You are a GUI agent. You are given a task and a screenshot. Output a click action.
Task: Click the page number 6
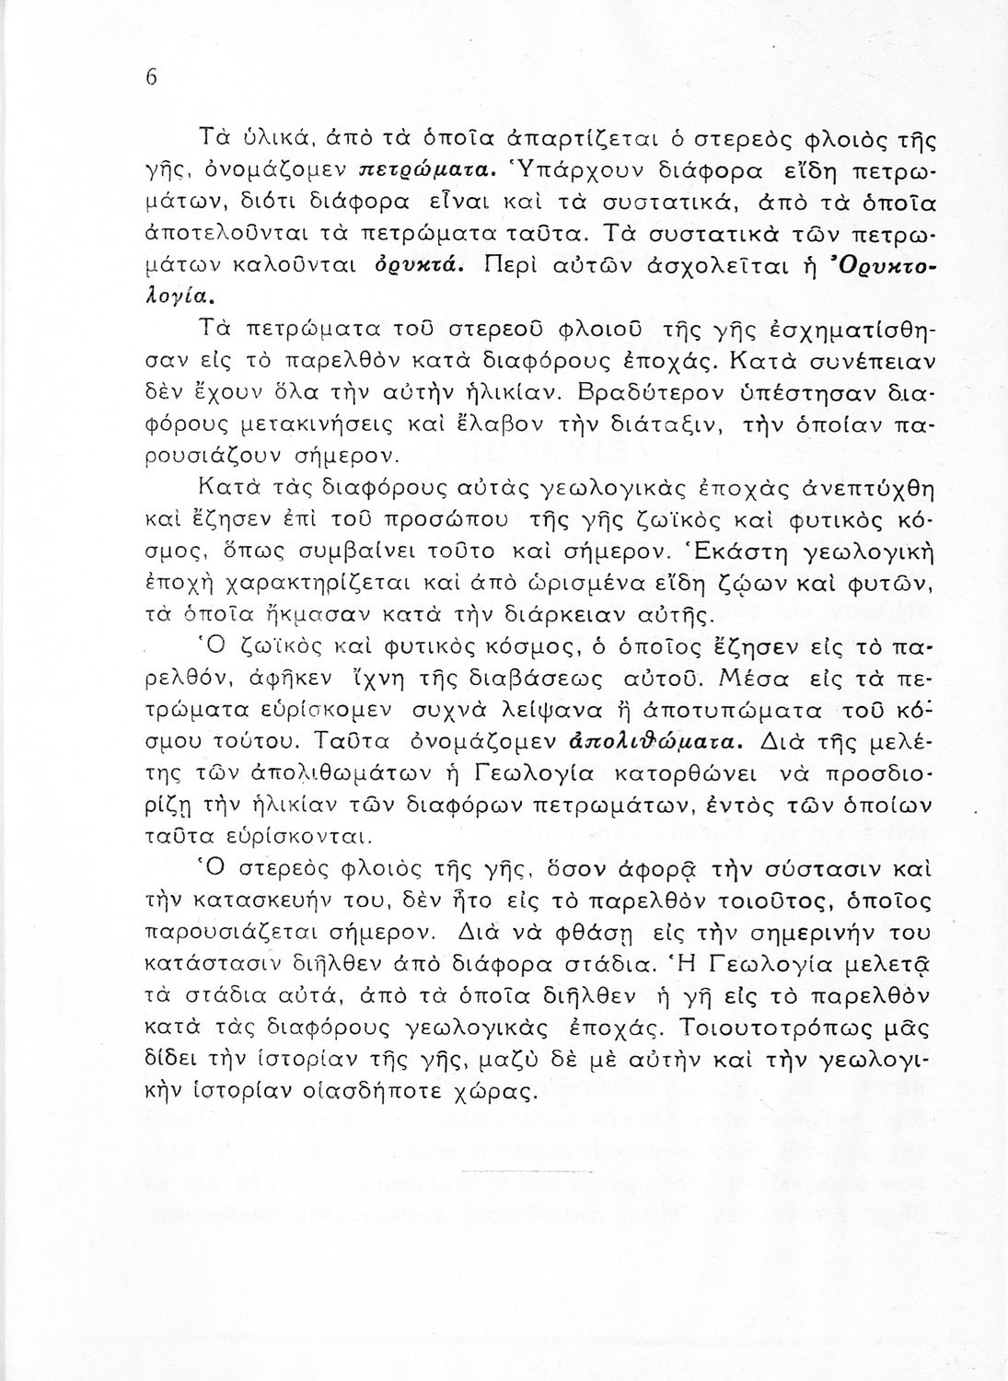coord(152,78)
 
